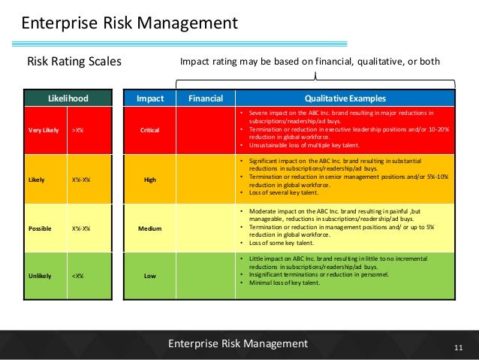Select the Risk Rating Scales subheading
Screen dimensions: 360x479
pyautogui.click(x=74, y=61)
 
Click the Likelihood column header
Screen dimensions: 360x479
pyautogui.click(x=67, y=98)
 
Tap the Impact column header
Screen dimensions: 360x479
pyautogui.click(x=149, y=98)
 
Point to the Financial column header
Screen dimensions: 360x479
pyautogui.click(x=205, y=98)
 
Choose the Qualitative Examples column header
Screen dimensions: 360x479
pyautogui.click(x=345, y=98)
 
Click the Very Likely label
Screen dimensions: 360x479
pyautogui.click(x=44, y=130)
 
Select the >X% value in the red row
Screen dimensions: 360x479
pyautogui.click(x=77, y=130)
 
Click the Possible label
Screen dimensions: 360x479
pyautogui.click(x=41, y=228)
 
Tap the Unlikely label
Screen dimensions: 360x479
pyautogui.click(x=40, y=276)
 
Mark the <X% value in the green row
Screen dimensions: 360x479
pyautogui.click(x=77, y=276)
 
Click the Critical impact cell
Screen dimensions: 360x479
pyautogui.click(x=149, y=130)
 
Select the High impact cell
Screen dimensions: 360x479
pyautogui.click(x=149, y=180)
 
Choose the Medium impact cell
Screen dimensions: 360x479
pyautogui.click(x=149, y=228)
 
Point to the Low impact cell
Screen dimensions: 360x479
pyautogui.click(x=149, y=276)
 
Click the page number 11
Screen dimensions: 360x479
pyautogui.click(x=460, y=346)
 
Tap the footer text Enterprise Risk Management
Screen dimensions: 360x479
pyautogui.click(x=238, y=343)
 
